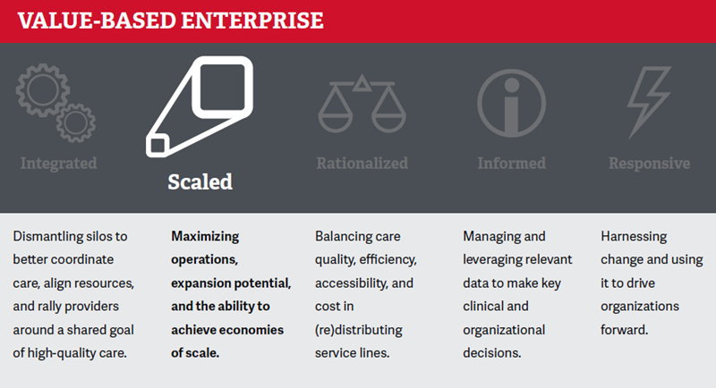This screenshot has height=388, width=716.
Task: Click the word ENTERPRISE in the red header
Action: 252,21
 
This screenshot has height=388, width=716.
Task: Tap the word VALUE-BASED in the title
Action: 97,21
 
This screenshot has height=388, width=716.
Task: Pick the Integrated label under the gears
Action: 58,164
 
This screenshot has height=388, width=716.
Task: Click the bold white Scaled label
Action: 200,181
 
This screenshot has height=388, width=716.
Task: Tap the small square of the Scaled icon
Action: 158,146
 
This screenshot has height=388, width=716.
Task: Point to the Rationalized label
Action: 362,164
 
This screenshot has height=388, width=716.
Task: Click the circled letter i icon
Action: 511,103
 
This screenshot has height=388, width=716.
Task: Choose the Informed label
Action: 511,164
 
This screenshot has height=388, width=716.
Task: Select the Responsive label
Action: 650,164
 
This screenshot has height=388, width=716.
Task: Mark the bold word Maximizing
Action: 205,237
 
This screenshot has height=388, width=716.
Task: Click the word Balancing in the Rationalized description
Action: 337,237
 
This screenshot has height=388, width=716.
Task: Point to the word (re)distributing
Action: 359,330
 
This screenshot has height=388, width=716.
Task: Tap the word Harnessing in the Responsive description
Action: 634,237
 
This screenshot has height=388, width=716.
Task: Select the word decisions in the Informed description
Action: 491,353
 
